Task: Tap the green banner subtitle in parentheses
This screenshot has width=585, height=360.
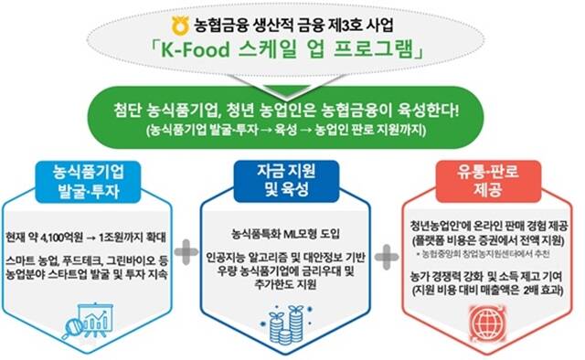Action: point(292,132)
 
